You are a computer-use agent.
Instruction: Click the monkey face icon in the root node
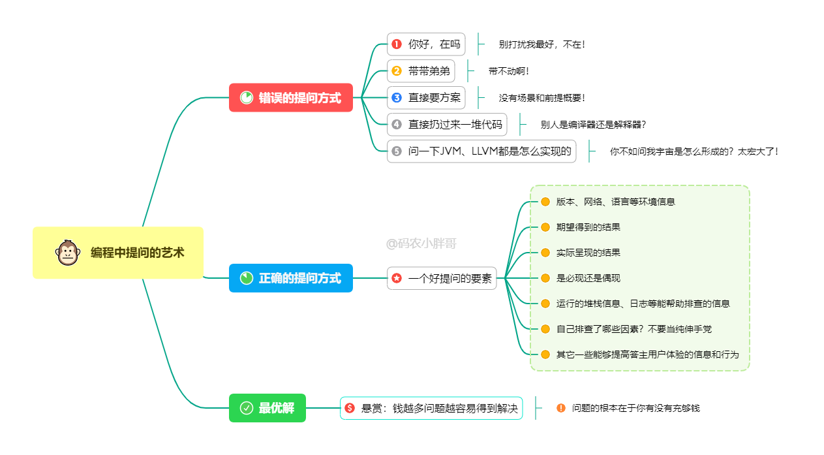tap(67, 253)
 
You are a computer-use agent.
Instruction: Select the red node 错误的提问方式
tap(291, 98)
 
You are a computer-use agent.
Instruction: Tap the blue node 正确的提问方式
tap(291, 278)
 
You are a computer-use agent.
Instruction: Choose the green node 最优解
tap(267, 408)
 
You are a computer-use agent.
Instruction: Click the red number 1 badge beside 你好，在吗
tap(397, 44)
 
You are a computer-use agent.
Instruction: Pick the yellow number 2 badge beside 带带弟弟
tap(397, 71)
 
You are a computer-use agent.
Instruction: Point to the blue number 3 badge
tap(397, 98)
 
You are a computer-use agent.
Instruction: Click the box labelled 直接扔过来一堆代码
tap(447, 124)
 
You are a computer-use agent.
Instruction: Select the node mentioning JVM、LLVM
tap(481, 151)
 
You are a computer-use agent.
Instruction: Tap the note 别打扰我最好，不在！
tap(542, 44)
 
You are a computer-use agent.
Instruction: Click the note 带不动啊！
tap(509, 71)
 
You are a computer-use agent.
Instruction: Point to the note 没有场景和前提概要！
tap(542, 98)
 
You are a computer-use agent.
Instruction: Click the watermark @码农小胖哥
tap(421, 244)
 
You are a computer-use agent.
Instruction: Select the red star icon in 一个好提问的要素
tap(397, 278)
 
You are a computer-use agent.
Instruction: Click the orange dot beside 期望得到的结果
tap(545, 227)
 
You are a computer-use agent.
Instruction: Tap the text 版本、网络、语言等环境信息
tap(615, 202)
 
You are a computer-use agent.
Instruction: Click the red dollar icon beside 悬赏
tap(350, 408)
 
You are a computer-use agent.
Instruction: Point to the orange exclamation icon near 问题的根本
tap(561, 408)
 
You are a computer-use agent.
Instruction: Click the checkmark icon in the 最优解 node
tap(247, 408)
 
